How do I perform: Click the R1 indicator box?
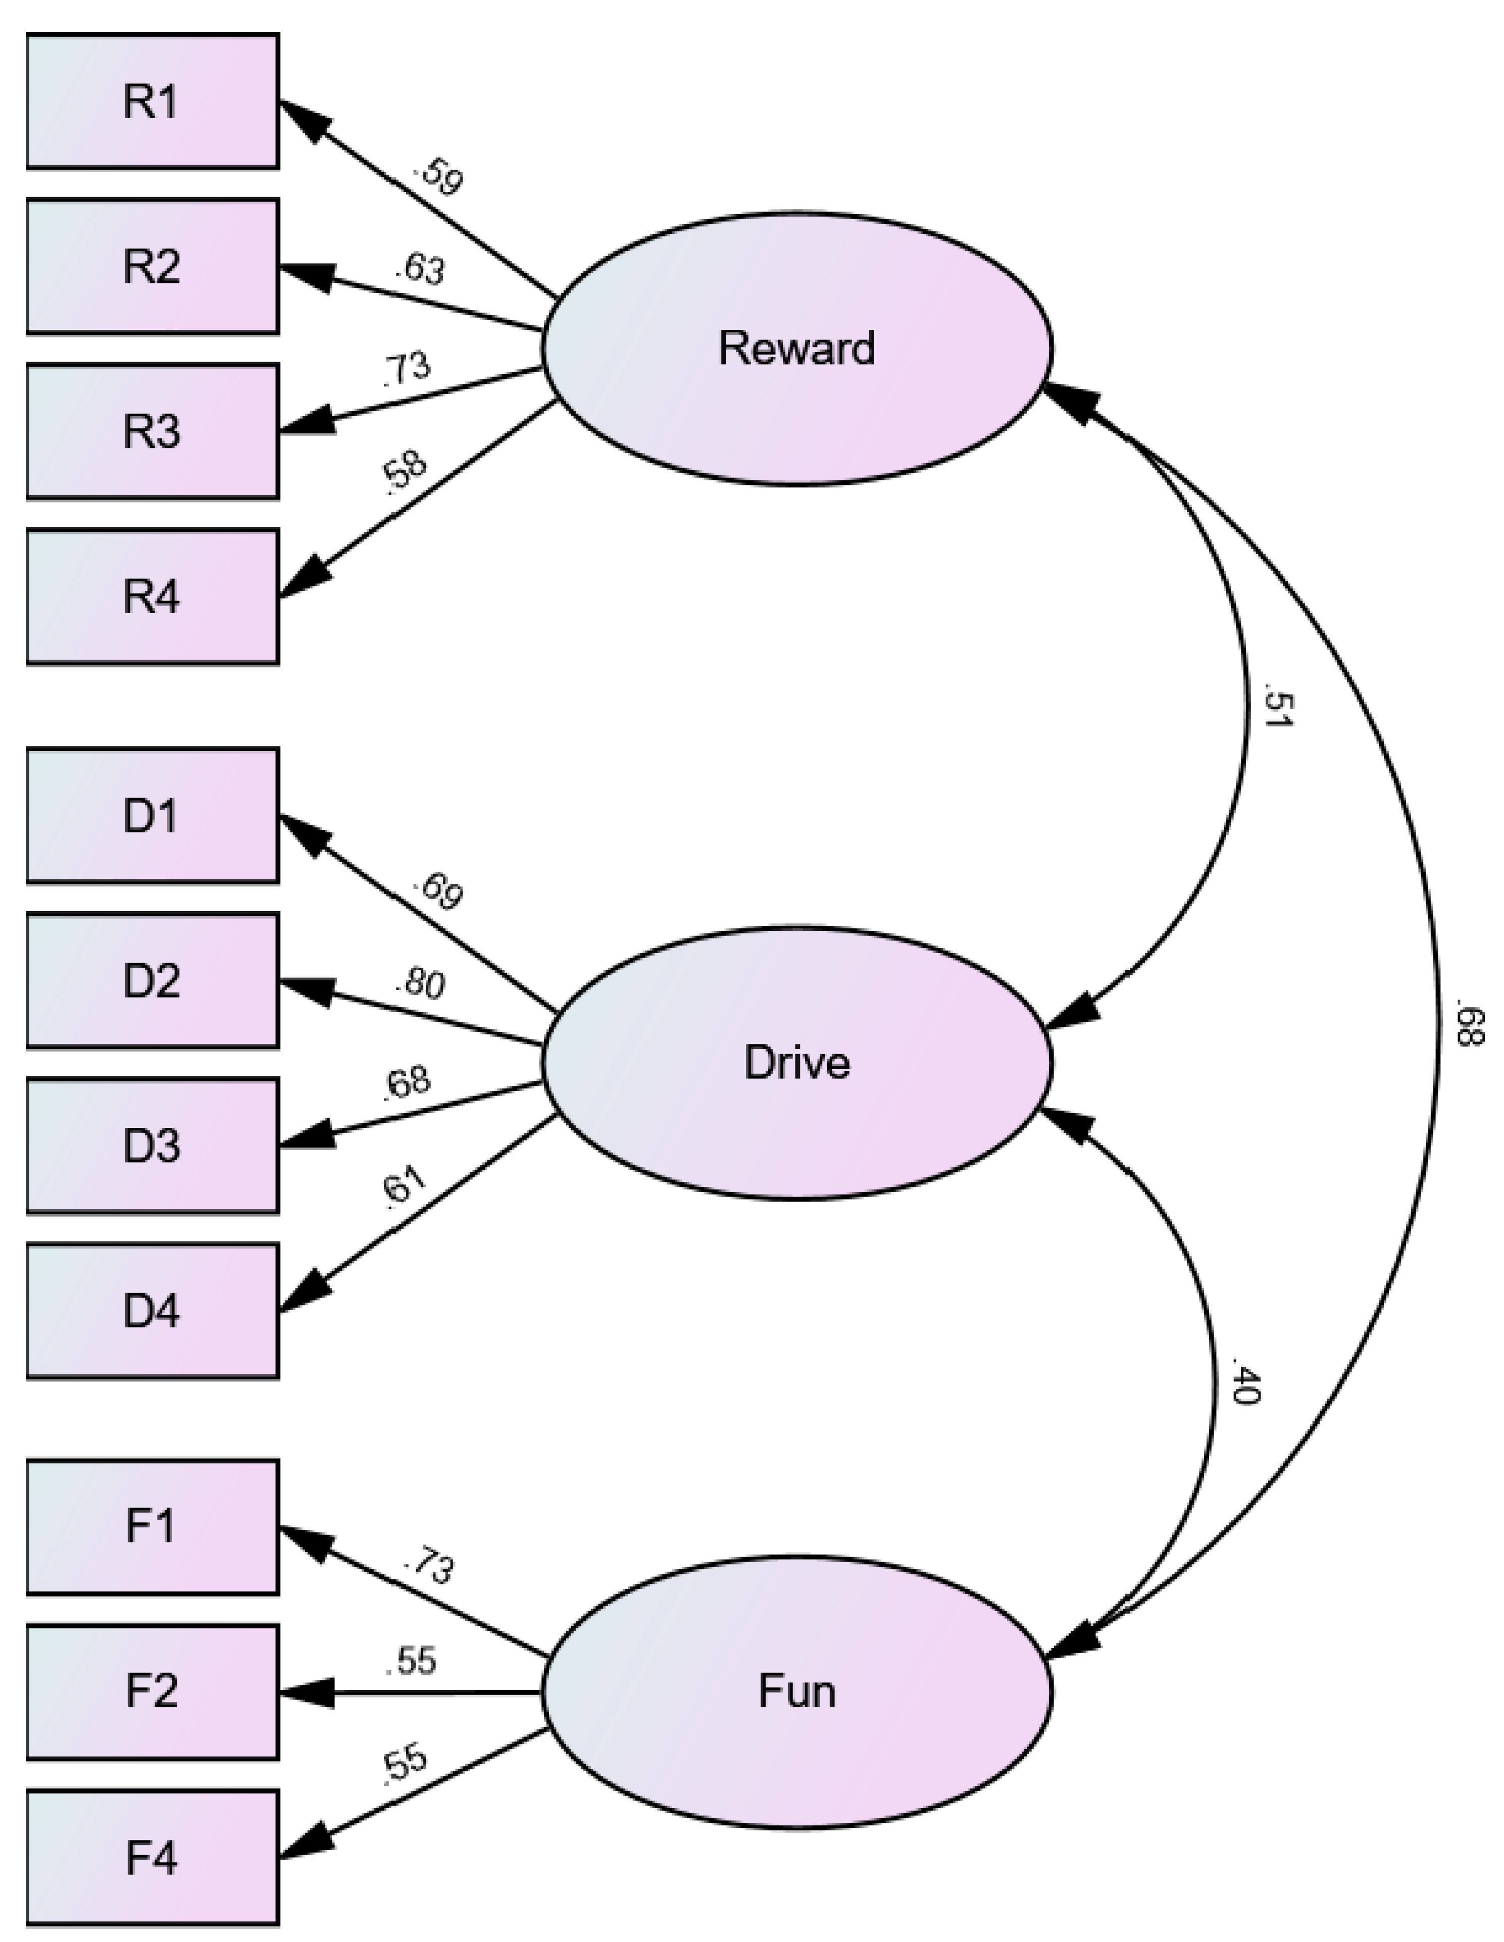(152, 101)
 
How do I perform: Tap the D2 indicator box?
(152, 980)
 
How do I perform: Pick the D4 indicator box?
(152, 1311)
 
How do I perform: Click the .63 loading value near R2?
(421, 269)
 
